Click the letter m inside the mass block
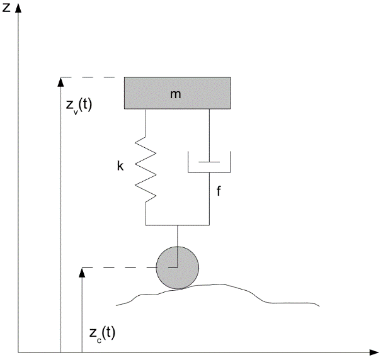(176, 94)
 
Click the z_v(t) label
(79, 105)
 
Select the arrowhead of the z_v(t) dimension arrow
(60, 81)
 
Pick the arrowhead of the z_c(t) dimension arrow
(82, 272)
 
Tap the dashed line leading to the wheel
(120, 269)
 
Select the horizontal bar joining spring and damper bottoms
(177, 225)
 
